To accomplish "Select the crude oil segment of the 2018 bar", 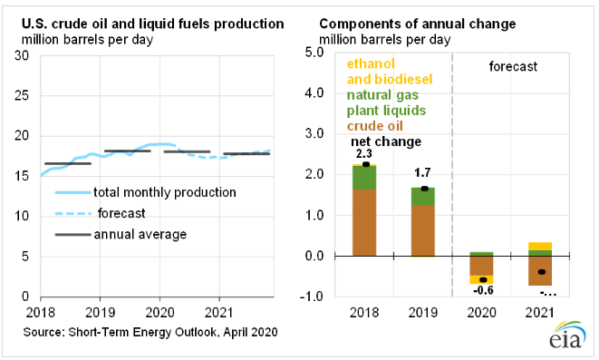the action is point(364,222).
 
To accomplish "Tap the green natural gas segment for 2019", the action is point(423,197).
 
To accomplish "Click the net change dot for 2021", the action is point(541,272).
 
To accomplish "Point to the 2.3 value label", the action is point(363,153).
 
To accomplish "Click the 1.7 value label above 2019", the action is point(422,172).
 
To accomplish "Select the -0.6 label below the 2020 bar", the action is point(483,290).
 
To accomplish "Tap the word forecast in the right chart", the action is point(513,66).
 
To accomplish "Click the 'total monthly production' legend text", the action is point(165,192).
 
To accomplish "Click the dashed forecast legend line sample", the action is point(73,213).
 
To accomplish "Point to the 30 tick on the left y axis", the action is point(22,56).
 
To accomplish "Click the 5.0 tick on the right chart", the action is point(314,53).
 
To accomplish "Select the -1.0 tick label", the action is point(312,297).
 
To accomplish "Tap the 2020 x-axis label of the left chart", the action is point(159,313).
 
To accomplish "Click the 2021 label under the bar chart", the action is point(540,313).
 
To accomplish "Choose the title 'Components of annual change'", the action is point(418,24).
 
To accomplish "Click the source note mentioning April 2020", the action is point(150,332).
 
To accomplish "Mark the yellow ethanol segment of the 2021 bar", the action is point(541,246).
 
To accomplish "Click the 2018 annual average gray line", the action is point(68,163).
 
